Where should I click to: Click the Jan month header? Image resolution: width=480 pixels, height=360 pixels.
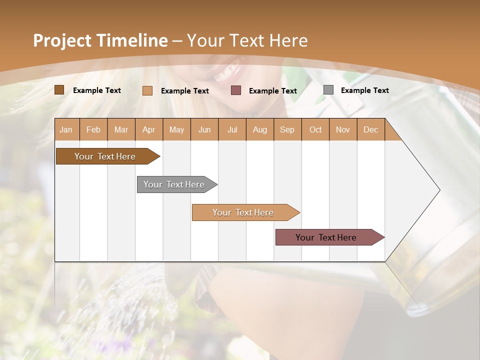coord(66,129)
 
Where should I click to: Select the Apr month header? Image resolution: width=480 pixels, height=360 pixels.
coord(148,129)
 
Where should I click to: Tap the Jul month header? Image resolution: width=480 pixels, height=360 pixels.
coord(232,129)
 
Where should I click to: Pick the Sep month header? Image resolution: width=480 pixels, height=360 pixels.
coord(287,129)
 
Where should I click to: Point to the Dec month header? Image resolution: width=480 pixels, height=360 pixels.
coord(370,129)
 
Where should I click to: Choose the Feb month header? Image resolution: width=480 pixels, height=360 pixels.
coord(93,129)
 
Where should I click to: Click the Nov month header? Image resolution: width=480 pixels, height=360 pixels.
coord(342,129)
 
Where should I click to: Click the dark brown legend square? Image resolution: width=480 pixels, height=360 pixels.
coord(59,90)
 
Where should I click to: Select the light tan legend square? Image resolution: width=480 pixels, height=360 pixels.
coord(147,90)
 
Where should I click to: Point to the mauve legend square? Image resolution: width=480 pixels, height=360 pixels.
coord(236,90)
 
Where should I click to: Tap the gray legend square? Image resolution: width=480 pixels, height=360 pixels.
coord(328,90)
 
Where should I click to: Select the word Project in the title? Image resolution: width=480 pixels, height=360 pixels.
coord(62,40)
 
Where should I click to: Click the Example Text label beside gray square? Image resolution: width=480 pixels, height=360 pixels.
coord(364,90)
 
